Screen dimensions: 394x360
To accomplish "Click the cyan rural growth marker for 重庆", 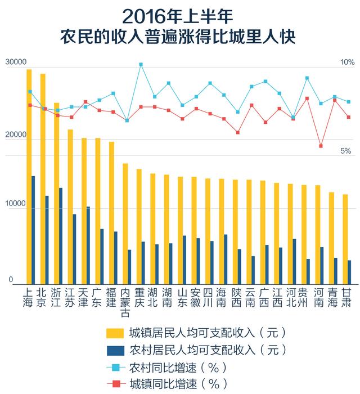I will point(141,65).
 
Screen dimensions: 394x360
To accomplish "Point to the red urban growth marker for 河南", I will point(321,146).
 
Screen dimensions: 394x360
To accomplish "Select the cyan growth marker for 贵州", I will point(307,78).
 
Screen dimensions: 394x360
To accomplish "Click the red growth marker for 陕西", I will point(238,132).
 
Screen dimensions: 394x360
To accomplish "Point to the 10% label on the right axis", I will point(347,62).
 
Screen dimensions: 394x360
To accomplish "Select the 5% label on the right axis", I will point(345,151).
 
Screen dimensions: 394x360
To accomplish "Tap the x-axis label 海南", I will point(222,298).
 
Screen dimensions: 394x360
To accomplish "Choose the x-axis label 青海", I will point(332,298).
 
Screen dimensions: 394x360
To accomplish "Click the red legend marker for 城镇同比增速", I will point(115,384).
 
